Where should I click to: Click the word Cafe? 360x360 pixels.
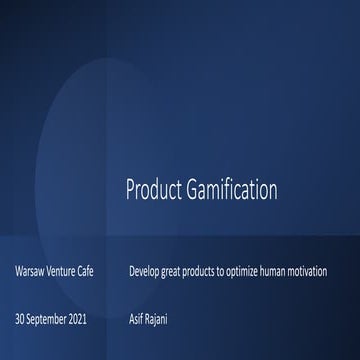[x=97, y=272]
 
